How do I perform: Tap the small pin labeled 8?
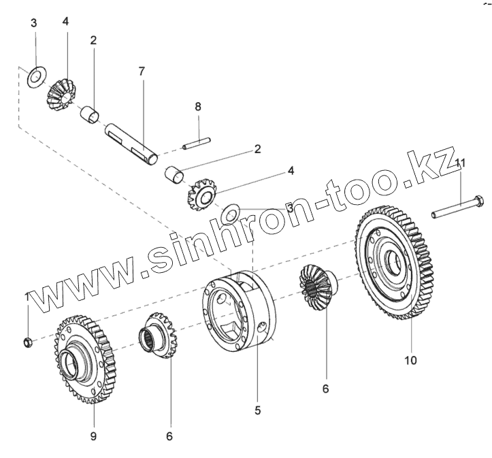point(195,144)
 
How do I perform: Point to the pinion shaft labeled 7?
point(132,142)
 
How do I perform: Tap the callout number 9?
point(93,436)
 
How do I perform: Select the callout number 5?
point(257,410)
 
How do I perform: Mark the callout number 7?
point(141,71)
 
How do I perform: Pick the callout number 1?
point(27,297)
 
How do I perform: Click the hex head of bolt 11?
point(478,202)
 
